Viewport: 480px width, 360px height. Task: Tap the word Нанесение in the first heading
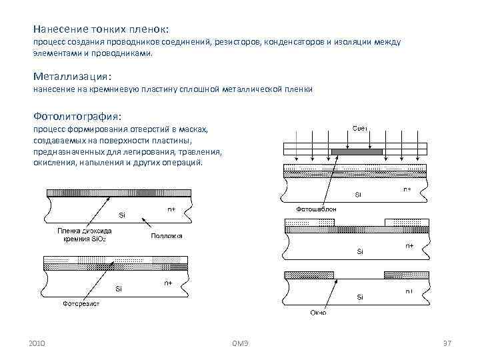pos(59,30)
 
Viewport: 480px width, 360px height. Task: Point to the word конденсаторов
pos(290,43)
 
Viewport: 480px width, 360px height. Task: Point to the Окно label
pos(317,313)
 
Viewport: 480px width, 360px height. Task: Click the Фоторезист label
pos(82,304)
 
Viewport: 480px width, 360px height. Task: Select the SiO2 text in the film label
pos(101,239)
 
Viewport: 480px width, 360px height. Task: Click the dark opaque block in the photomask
pos(356,151)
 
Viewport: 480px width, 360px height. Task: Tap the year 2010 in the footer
pos(38,343)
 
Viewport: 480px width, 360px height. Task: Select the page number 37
pos(447,343)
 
